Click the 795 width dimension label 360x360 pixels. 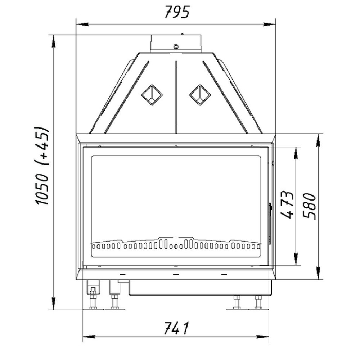[x=177, y=12]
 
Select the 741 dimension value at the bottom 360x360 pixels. [x=176, y=328]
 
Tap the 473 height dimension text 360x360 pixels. [x=287, y=204]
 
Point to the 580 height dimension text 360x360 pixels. [x=309, y=206]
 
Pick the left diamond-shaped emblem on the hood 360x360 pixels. [x=152, y=95]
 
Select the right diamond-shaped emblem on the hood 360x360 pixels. [x=200, y=95]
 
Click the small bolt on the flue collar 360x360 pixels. [x=176, y=46]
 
